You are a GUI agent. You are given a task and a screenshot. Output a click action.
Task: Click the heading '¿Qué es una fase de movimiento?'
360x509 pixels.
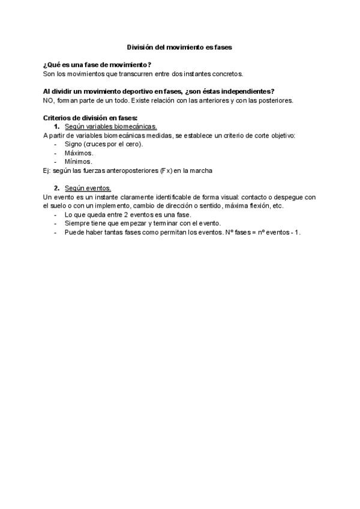point(97,64)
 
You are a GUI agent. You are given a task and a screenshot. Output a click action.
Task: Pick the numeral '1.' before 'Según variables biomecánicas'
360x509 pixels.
point(56,127)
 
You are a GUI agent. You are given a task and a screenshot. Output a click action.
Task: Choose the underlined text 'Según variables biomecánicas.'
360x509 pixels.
point(111,127)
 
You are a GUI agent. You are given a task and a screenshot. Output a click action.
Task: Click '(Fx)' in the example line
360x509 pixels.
point(166,170)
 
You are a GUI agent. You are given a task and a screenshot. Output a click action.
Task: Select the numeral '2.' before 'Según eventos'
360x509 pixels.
point(56,188)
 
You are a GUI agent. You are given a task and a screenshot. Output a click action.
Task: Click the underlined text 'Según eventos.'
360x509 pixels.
point(88,188)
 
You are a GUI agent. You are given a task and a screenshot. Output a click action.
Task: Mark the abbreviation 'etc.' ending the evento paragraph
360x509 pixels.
point(277,206)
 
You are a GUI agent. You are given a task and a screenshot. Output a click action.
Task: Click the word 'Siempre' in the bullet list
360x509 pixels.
point(76,223)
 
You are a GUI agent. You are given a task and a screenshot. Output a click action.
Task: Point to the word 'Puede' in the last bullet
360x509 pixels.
point(74,232)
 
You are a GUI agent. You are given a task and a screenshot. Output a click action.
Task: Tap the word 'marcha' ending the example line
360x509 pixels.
point(202,170)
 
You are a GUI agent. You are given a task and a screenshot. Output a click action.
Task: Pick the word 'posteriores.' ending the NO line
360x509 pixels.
point(276,100)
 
